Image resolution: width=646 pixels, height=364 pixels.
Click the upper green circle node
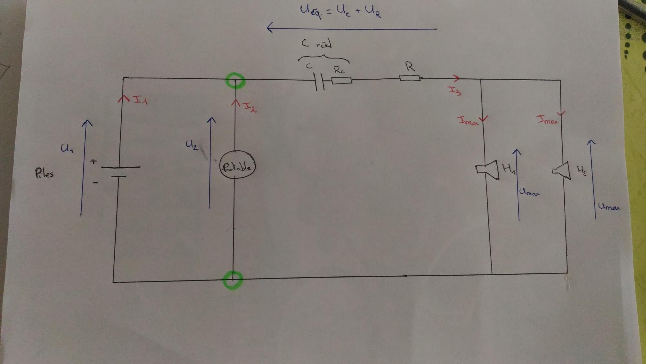235,81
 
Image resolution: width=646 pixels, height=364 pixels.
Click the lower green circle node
233,280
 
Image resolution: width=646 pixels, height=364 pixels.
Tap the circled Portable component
237,167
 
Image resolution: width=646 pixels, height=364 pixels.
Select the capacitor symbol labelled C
319,81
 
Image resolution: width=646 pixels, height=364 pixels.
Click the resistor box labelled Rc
341,80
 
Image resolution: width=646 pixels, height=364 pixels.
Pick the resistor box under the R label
410,78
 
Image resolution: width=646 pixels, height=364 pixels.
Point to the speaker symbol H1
487,170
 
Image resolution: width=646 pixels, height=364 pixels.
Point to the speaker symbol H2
562,170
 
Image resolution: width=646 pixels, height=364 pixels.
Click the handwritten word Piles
44,173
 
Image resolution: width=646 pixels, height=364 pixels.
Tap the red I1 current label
140,100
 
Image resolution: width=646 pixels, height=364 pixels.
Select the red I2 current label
250,106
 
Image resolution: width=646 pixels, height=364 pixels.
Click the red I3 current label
455,91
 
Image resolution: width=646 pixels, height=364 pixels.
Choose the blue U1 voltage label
67,149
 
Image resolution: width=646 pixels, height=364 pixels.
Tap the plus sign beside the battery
93,161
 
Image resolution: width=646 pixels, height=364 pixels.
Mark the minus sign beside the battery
95,183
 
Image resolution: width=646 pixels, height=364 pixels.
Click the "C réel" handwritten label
317,43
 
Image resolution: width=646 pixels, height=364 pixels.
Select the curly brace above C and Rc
323,58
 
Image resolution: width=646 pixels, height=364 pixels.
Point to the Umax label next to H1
529,193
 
